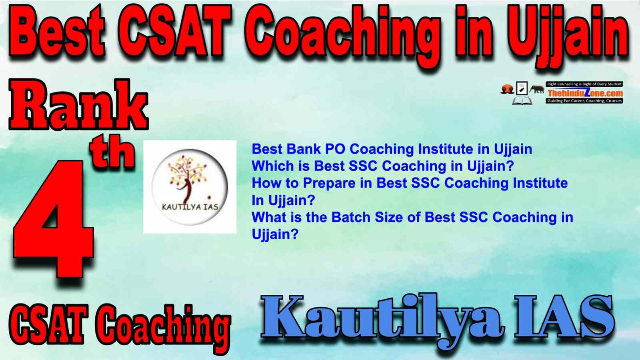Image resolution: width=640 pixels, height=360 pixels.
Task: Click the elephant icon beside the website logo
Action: pyautogui.click(x=537, y=90)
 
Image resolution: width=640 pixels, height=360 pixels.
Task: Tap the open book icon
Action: pyautogui.click(x=522, y=100)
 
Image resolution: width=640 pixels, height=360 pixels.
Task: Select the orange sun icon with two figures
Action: pyautogui.click(x=508, y=89)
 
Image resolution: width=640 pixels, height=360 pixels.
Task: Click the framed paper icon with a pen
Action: pyautogui.click(x=522, y=88)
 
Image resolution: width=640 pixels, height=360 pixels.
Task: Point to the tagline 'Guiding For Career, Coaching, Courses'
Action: pyautogui.click(x=584, y=101)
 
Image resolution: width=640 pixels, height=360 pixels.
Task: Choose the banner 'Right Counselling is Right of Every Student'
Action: pyautogui.click(x=584, y=84)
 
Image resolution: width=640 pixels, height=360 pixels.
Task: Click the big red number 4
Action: pyautogui.click(x=54, y=218)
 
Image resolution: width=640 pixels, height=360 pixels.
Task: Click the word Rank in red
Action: pyautogui.click(x=78, y=105)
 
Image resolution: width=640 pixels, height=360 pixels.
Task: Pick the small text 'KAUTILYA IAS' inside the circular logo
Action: pyautogui.click(x=190, y=207)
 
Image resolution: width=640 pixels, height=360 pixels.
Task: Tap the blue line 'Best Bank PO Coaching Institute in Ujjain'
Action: pyautogui.click(x=392, y=150)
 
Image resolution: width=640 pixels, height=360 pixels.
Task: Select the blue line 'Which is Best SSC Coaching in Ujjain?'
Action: pyautogui.click(x=382, y=166)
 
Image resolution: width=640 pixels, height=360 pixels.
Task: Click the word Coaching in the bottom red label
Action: pyautogui.click(x=162, y=328)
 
